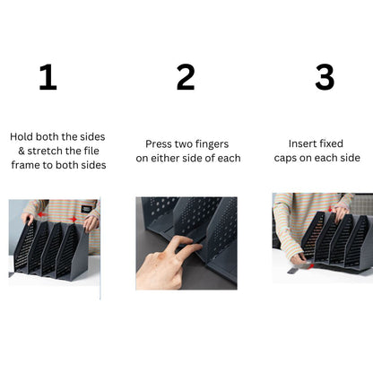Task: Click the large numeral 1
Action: (x=48, y=78)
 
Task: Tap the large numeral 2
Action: (x=186, y=78)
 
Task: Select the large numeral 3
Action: (x=325, y=78)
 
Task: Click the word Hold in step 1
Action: (x=23, y=137)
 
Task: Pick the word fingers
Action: (x=213, y=143)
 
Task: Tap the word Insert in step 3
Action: (x=305, y=143)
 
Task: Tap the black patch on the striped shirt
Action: (x=86, y=209)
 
